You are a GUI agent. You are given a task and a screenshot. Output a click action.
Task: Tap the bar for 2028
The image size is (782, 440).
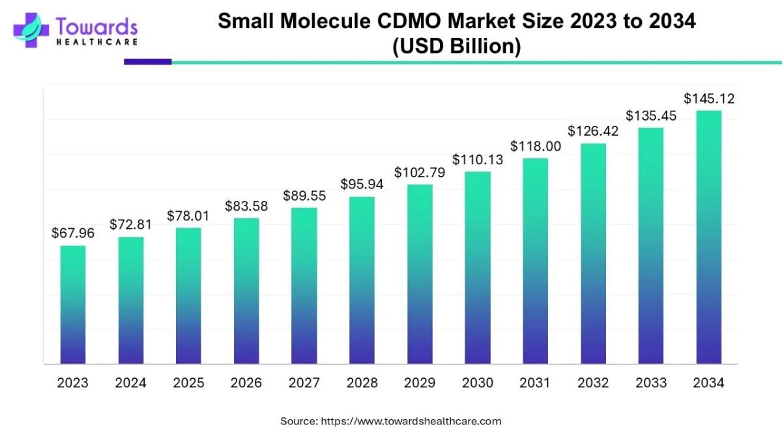[x=362, y=280]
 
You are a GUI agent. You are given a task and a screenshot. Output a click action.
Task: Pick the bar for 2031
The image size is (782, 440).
[x=535, y=261]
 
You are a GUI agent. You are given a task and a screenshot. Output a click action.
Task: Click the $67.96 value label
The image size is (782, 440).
[x=73, y=233]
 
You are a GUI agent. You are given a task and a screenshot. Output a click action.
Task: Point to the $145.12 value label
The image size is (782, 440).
[x=709, y=99]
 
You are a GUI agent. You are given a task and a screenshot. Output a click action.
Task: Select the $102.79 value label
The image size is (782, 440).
[x=420, y=173]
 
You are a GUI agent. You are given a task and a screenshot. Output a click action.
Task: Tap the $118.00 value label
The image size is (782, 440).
[x=535, y=146]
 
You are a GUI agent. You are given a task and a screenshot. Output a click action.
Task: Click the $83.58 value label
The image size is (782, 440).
[x=246, y=206]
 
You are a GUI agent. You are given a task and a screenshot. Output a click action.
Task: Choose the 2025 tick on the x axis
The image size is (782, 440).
[x=188, y=383]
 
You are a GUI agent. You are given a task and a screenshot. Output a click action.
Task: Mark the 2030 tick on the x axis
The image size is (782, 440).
[x=477, y=383]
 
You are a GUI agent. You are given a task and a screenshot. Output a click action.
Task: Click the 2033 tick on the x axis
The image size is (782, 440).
[x=650, y=383]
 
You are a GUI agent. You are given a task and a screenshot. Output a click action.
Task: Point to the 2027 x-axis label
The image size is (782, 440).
[x=304, y=383]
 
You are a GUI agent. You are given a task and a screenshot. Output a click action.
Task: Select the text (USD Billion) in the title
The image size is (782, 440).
[x=456, y=48]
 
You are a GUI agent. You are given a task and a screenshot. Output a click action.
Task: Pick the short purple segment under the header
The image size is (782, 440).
[x=148, y=62]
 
